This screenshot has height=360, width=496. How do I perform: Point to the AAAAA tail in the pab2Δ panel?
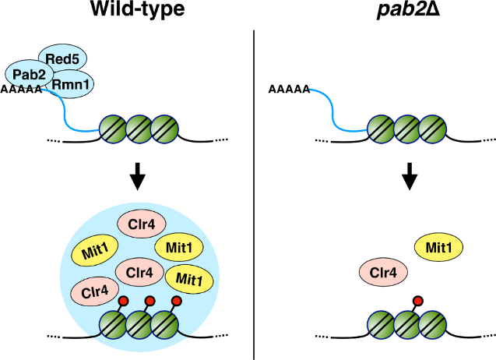coord(289,89)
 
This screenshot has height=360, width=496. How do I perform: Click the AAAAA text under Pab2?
coord(22,89)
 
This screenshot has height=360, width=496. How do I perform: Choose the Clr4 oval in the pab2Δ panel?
coord(382,273)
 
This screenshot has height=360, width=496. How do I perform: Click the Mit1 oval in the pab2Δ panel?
coord(439,248)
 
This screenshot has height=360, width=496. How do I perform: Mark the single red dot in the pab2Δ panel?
coord(417,300)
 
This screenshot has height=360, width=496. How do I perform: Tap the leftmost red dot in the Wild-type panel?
coord(122,300)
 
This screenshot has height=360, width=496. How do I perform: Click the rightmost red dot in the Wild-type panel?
coord(176,300)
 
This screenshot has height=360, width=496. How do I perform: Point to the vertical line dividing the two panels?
coord(255,195)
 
